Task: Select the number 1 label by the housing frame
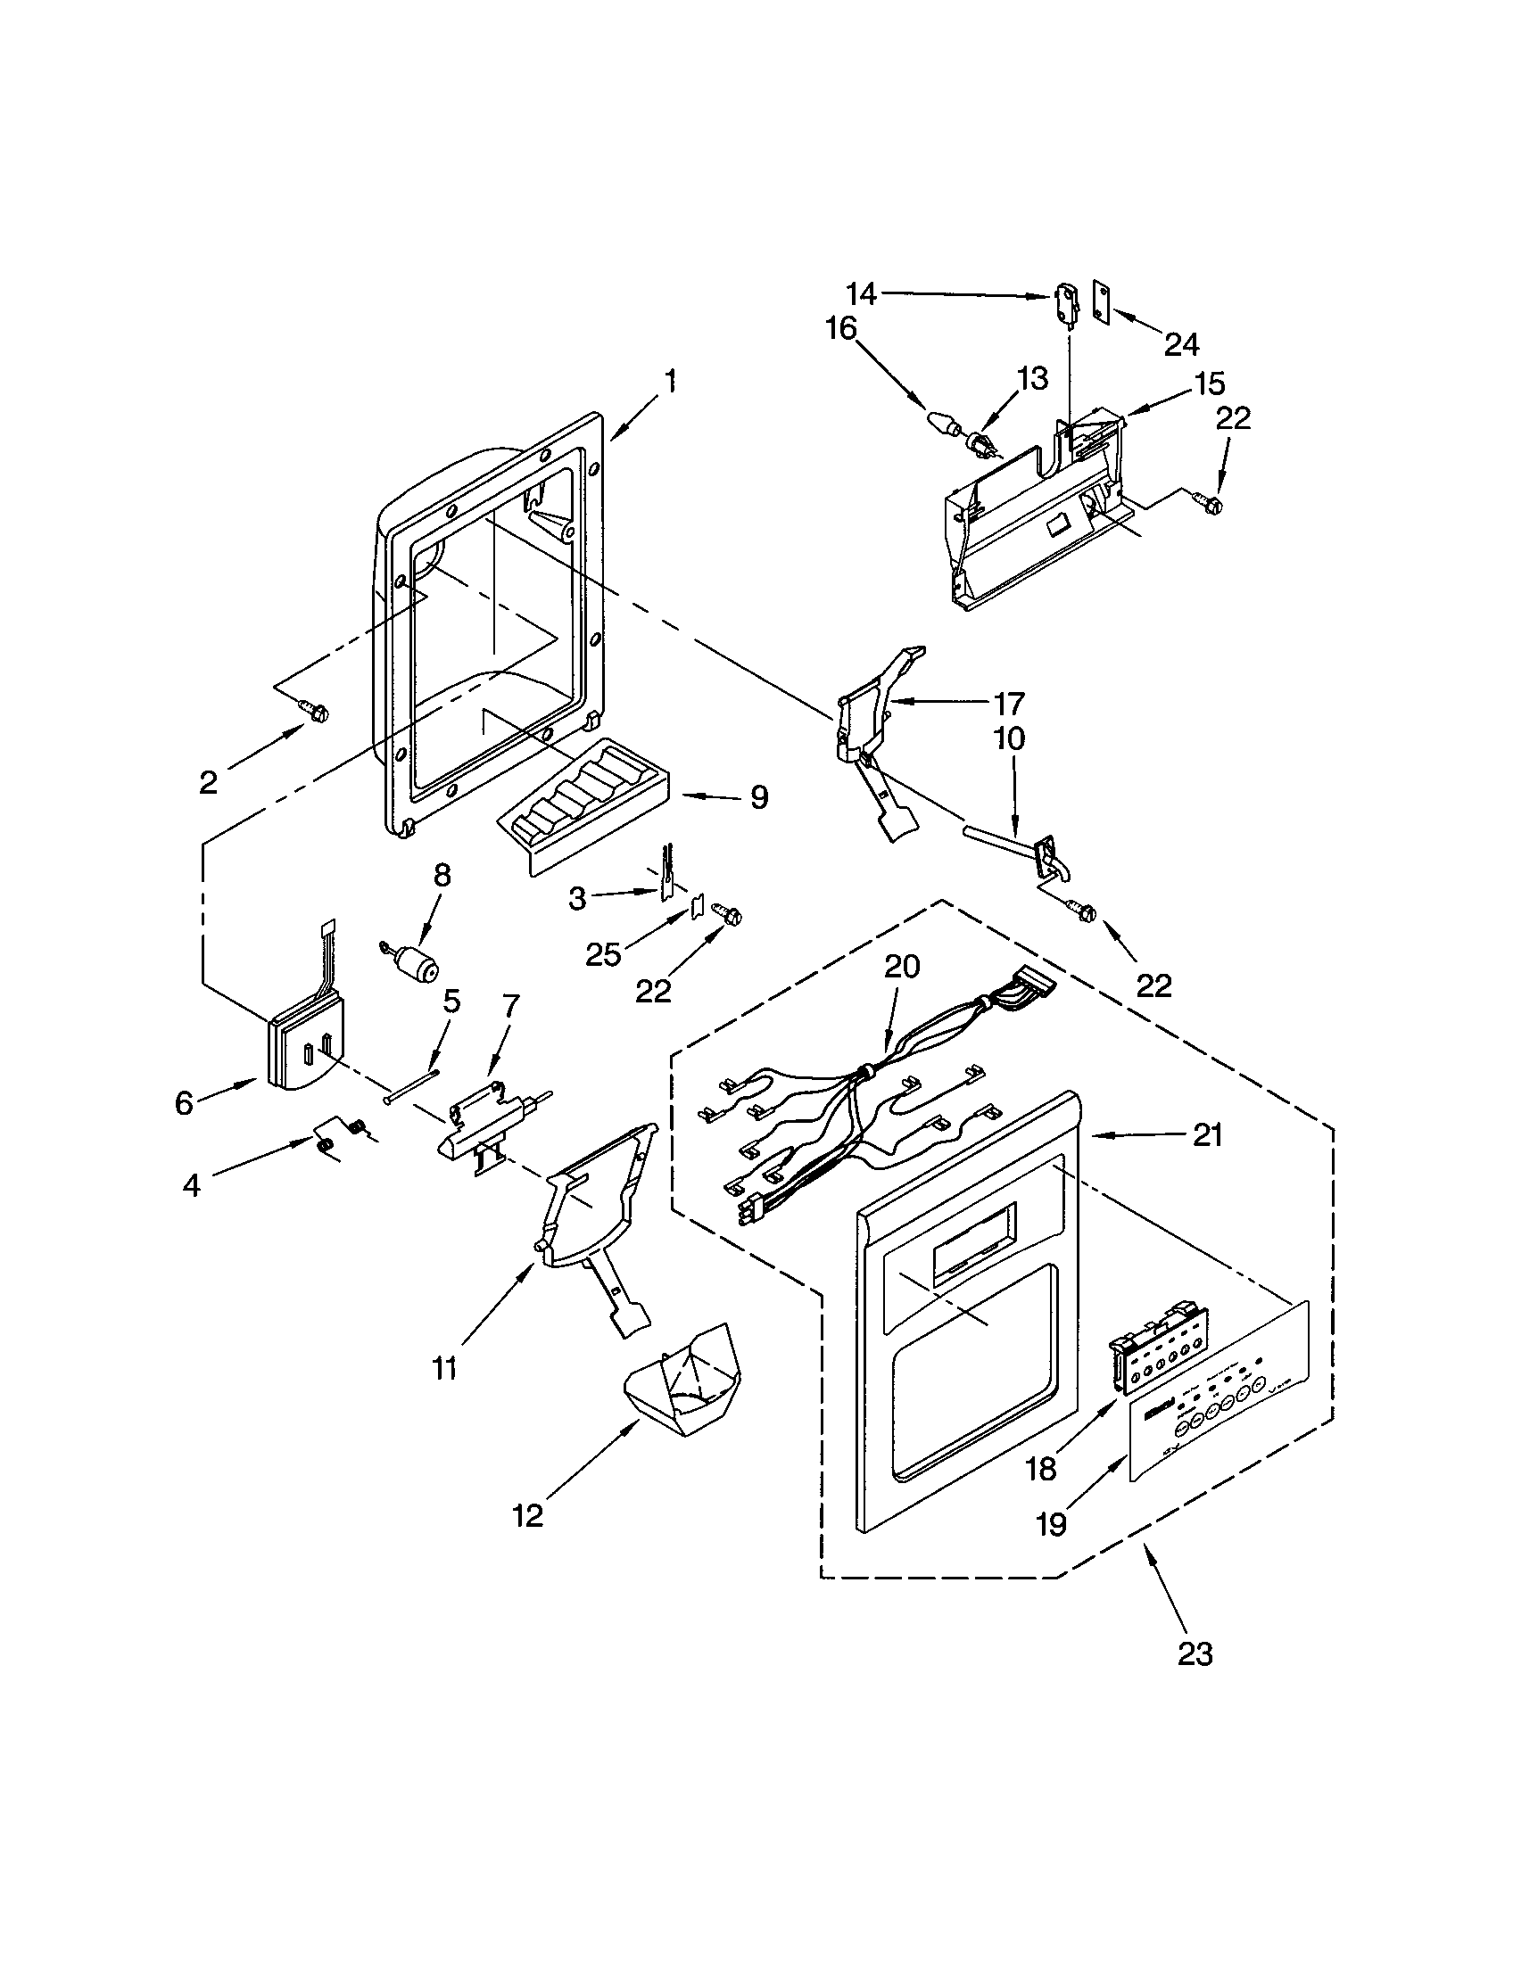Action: click(669, 381)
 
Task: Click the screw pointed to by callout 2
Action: click(317, 712)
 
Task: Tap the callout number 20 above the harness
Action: click(902, 968)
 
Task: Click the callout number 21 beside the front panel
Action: click(1208, 1135)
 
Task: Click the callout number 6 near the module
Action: click(183, 1102)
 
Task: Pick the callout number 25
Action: click(603, 955)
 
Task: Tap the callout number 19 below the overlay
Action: click(1051, 1523)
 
